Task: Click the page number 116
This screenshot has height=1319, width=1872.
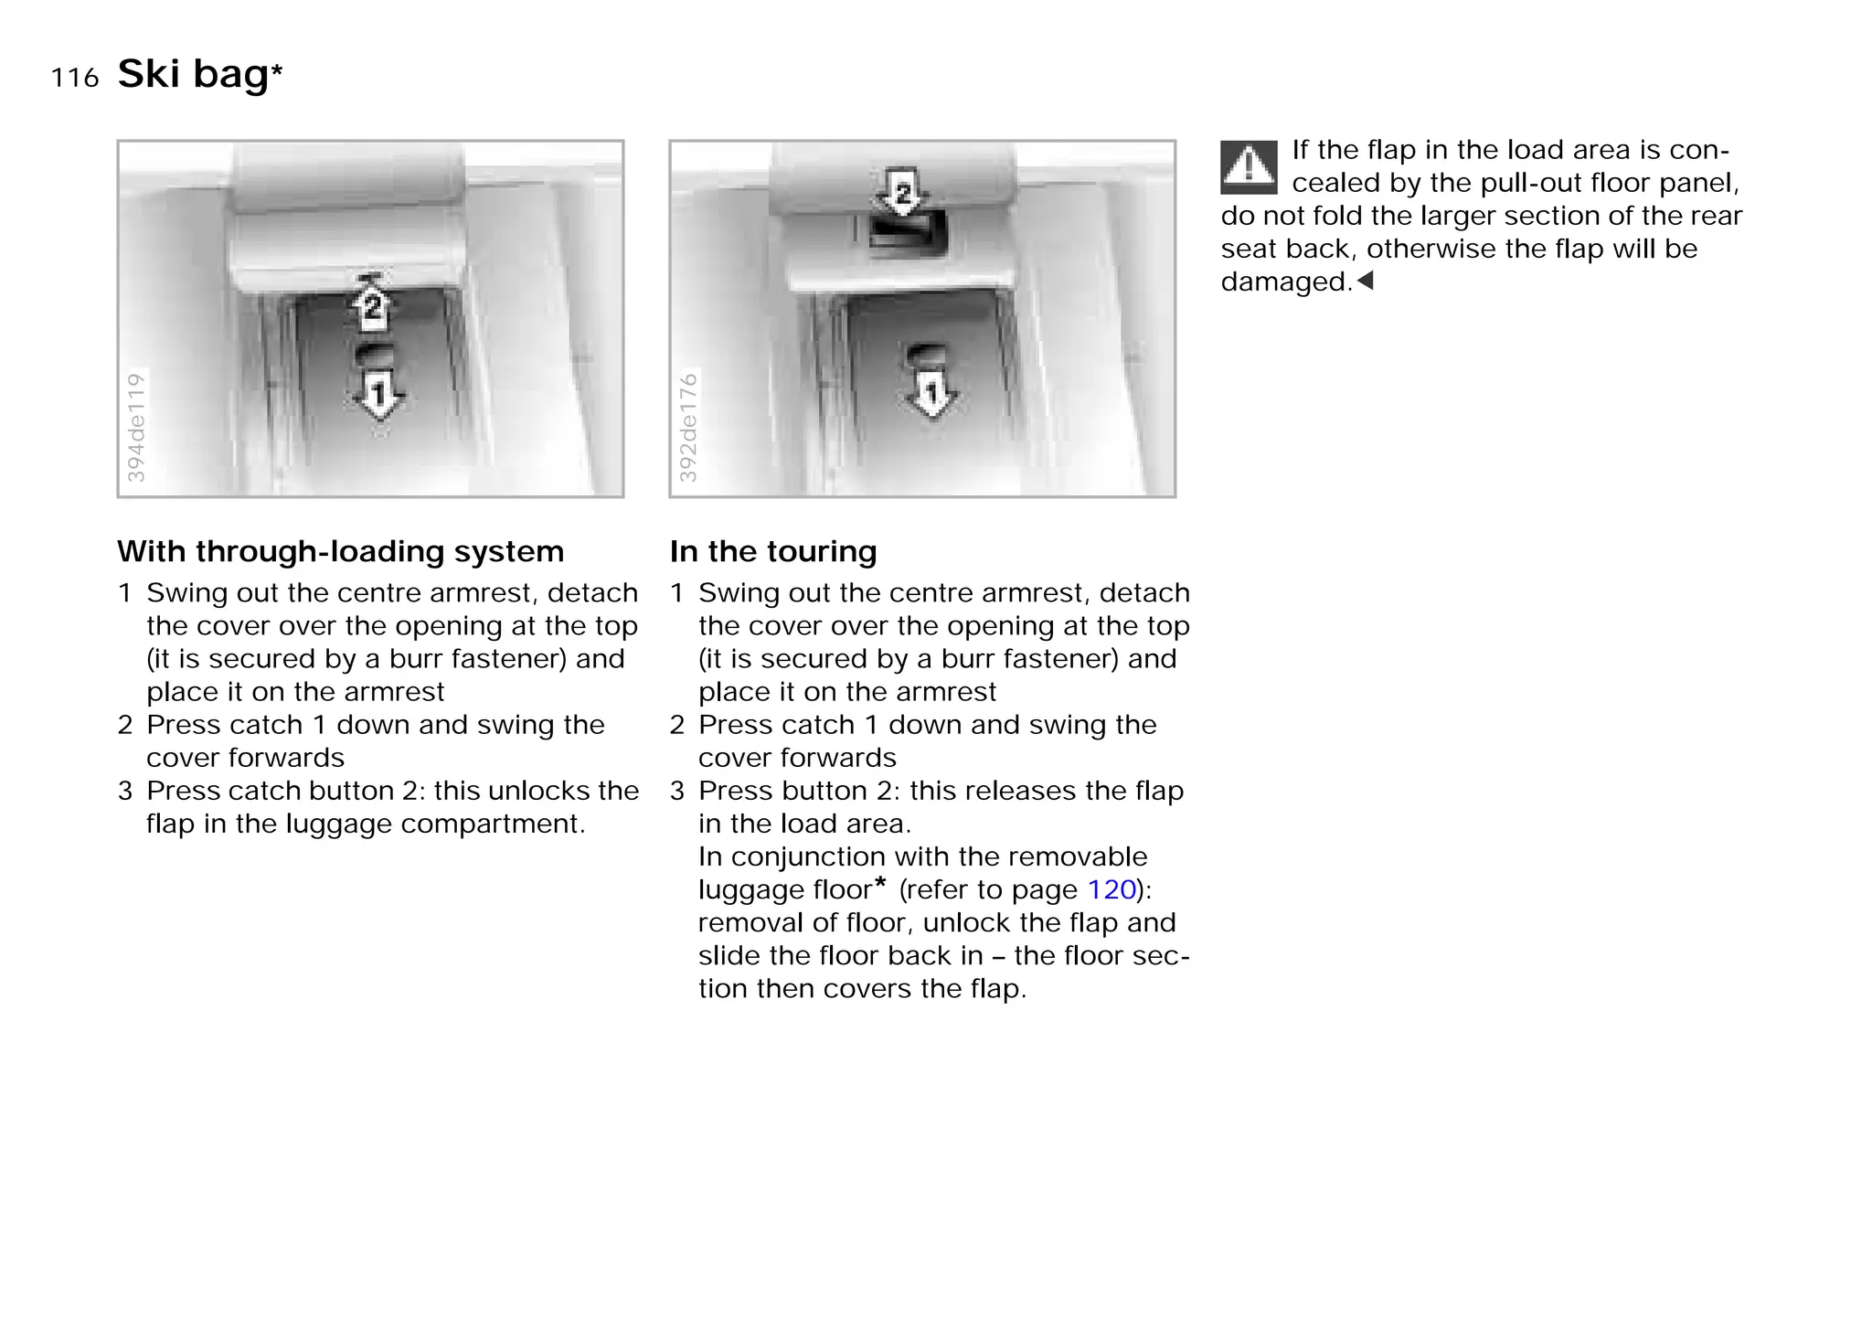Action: click(x=75, y=79)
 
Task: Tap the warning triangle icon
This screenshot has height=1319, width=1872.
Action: click(x=1248, y=167)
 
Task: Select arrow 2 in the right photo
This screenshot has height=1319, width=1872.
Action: click(x=903, y=192)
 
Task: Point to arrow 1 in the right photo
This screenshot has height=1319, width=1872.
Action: click(x=931, y=394)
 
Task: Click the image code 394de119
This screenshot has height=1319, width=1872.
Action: click(x=135, y=427)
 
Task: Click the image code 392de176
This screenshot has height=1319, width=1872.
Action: click(x=687, y=427)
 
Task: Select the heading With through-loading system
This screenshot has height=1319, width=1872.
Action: click(x=340, y=552)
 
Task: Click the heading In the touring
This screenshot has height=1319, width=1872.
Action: click(x=772, y=552)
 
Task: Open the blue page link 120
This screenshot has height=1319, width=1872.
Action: click(x=1111, y=889)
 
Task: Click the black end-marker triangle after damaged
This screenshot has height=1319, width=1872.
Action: click(x=1366, y=281)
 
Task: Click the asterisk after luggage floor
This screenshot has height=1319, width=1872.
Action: click(x=880, y=883)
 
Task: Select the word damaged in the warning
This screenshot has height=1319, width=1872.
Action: click(x=1285, y=282)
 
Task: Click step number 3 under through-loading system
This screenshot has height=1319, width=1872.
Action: click(x=125, y=792)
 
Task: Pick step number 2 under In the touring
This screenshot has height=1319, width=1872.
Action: click(x=676, y=726)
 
